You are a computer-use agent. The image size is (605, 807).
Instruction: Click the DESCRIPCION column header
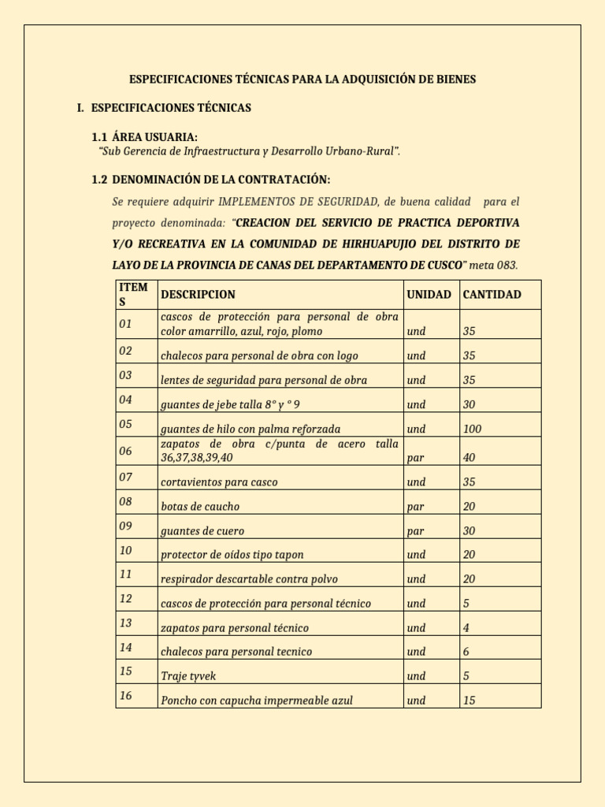click(x=198, y=295)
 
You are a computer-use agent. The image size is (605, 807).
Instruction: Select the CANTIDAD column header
click(x=492, y=295)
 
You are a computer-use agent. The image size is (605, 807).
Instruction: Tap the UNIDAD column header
click(x=429, y=295)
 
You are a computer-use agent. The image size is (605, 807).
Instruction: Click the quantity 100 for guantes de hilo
click(x=473, y=430)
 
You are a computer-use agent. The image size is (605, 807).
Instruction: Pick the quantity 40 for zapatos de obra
click(x=470, y=458)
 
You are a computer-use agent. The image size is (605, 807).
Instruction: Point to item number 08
click(x=126, y=502)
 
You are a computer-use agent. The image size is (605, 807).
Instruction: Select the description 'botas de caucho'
click(x=200, y=507)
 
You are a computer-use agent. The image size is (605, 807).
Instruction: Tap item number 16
click(x=126, y=696)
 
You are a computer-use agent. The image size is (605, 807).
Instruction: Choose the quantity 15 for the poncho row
click(x=470, y=701)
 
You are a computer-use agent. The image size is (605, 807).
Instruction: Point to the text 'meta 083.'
click(x=494, y=265)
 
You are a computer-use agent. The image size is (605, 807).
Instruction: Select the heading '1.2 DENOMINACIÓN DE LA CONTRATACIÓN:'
click(x=211, y=180)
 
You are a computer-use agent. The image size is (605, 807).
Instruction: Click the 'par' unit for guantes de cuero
click(x=416, y=531)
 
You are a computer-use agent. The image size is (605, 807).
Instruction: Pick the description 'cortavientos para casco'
click(x=219, y=482)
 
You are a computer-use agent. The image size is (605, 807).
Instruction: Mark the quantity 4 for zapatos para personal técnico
click(x=466, y=628)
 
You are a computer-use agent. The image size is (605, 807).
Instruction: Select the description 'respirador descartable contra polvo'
click(x=249, y=579)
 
